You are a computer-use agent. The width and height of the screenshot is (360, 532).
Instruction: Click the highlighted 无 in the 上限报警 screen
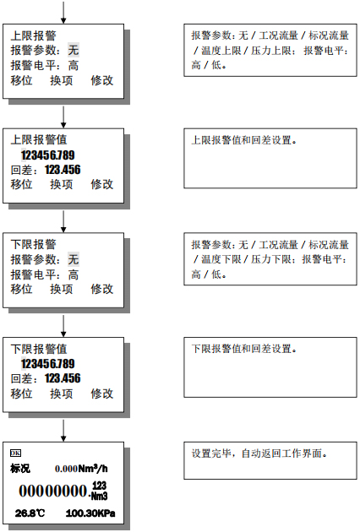[x=74, y=51]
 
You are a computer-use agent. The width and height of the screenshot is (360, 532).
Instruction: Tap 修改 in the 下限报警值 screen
[x=102, y=394]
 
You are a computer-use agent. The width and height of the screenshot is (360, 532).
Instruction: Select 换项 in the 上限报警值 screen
[x=62, y=184]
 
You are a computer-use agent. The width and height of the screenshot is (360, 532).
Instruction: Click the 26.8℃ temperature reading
[x=31, y=513]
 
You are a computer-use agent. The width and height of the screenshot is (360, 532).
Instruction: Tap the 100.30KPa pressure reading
[x=90, y=513]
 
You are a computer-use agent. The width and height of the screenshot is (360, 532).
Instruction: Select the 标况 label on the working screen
[x=19, y=468]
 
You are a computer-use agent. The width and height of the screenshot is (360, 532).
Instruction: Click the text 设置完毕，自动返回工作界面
[x=259, y=453]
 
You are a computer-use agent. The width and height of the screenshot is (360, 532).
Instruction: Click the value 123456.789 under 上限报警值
[x=53, y=155]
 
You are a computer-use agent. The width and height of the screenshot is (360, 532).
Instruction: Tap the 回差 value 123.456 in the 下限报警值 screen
[x=63, y=378]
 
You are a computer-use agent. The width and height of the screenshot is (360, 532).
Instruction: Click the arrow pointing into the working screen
[x=65, y=429]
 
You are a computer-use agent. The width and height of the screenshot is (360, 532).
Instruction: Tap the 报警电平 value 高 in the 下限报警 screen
[x=74, y=274]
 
